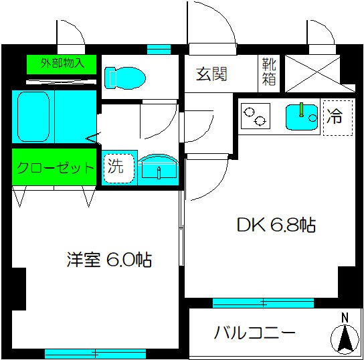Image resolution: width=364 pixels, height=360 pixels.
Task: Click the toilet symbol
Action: coord(125,78)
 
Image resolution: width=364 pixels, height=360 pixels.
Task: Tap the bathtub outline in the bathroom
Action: coord(33,116)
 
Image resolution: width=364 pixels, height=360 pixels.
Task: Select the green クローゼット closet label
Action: coord(55,167)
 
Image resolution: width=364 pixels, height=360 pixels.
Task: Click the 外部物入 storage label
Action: coord(62,63)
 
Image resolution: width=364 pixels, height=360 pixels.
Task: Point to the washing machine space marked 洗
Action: coord(119,168)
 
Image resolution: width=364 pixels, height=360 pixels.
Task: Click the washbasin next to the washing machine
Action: coord(159,170)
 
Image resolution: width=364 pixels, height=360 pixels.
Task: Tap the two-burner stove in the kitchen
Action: coord(256,116)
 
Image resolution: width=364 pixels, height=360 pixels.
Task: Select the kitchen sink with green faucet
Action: coord(302,117)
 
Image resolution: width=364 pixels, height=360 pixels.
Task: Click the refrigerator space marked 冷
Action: coord(338,118)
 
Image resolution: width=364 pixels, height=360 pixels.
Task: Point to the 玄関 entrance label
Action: coord(211,74)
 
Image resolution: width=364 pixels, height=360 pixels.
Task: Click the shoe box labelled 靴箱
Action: coord(269,72)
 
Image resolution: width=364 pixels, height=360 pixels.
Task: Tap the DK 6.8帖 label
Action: coord(276,225)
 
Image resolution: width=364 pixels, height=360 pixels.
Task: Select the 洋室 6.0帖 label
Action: coord(109,260)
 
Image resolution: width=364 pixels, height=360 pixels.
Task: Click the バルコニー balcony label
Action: coord(254,333)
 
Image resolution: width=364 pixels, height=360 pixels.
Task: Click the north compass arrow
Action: coord(345,339)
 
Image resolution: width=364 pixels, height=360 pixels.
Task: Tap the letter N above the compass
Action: coord(345,318)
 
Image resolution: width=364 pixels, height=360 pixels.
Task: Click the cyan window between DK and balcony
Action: coord(263,303)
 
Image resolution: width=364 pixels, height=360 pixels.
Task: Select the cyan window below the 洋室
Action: coord(95,354)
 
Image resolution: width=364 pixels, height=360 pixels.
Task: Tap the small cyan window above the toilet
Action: coord(159,50)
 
